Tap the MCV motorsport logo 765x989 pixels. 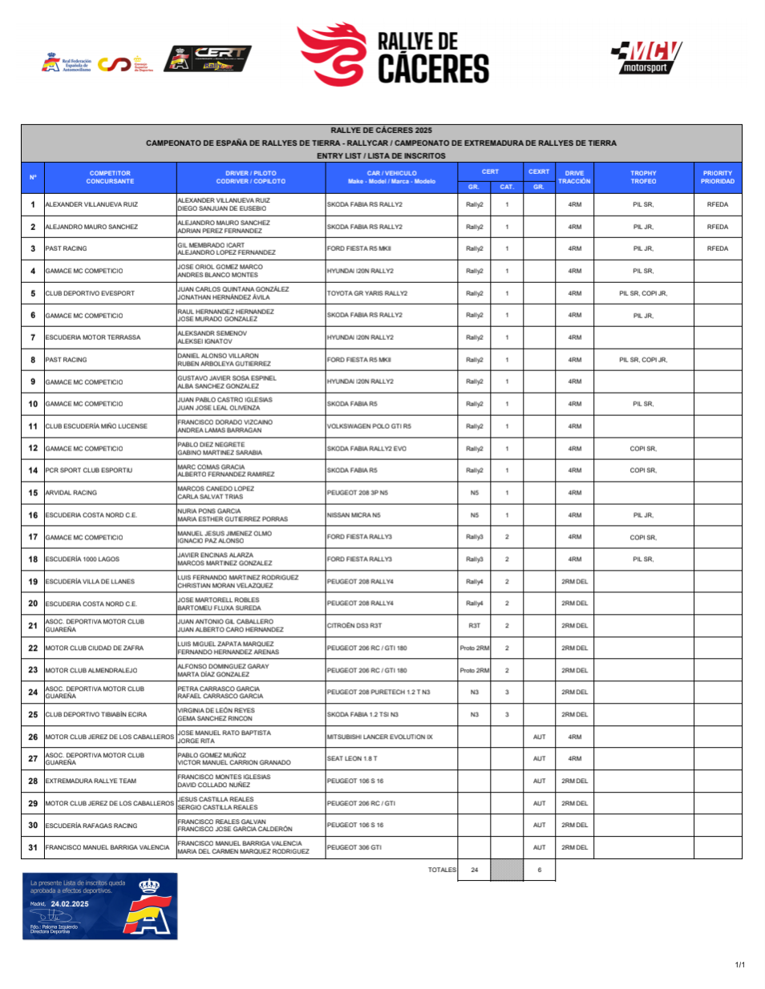point(646,57)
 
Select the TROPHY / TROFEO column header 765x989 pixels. point(643,177)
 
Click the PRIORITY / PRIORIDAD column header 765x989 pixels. point(717,177)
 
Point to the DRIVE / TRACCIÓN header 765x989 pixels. point(574,177)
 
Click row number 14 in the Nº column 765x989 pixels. point(33,470)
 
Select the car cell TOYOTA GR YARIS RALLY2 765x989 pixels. point(367,293)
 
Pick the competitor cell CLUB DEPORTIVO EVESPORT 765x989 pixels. point(90,293)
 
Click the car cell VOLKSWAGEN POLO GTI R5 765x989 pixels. point(369,426)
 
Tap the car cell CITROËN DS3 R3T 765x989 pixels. point(354,626)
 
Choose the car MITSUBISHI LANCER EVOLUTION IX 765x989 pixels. point(379,737)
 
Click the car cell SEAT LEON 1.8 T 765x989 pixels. point(352,758)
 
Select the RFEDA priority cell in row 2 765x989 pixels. point(717,227)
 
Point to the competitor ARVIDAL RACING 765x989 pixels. point(71,493)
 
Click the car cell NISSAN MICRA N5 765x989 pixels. point(354,515)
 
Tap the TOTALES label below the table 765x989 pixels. point(442,870)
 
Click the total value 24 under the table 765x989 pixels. point(474,870)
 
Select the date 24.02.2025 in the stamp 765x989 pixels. point(70,904)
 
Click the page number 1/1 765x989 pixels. point(739,964)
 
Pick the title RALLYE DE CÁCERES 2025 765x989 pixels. point(381,130)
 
